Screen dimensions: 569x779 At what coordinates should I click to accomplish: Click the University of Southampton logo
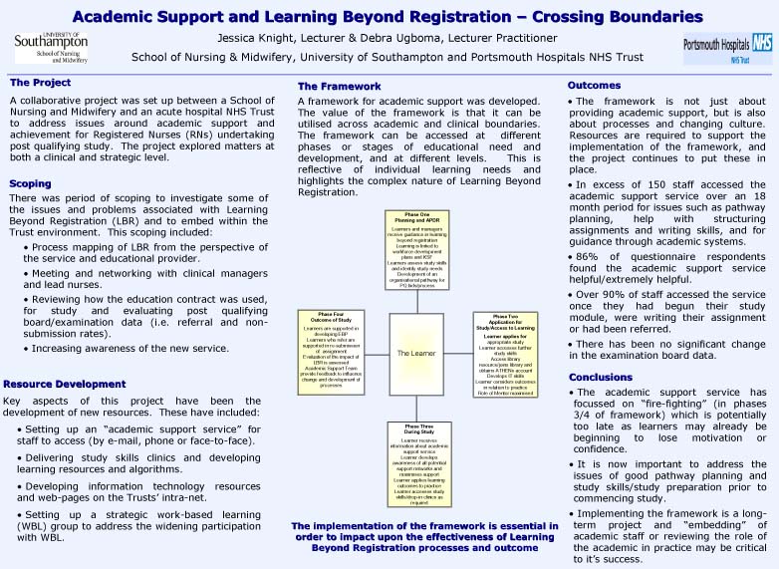tap(51, 47)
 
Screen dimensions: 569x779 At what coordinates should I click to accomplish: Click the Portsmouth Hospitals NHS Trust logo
tap(726, 48)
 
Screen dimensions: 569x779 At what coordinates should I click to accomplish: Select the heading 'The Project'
tap(40, 83)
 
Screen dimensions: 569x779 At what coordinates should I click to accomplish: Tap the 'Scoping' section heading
tap(30, 183)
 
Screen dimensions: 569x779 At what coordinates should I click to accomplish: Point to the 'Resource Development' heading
tap(65, 384)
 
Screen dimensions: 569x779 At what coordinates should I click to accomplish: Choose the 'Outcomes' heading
tap(594, 86)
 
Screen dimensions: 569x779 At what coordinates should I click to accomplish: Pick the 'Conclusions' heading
tap(600, 378)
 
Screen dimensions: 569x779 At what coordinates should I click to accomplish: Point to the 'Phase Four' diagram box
tap(334, 354)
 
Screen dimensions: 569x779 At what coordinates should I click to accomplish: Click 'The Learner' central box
tap(416, 354)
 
